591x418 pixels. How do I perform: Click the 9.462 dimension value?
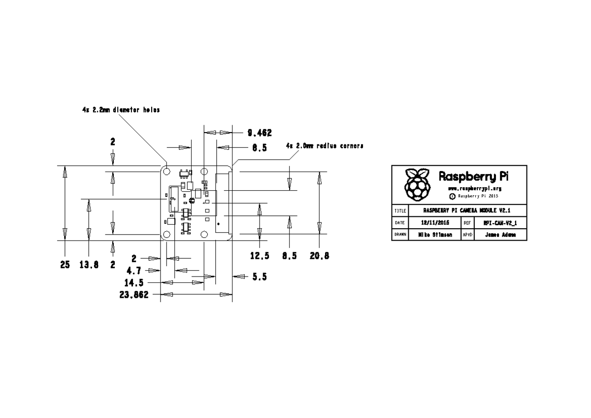[260, 133]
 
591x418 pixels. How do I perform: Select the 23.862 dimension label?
[134, 295]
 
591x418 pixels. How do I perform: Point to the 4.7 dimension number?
[134, 270]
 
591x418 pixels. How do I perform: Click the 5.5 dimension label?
[260, 277]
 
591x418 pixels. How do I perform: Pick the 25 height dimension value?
[65, 265]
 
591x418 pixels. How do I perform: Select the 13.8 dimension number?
[89, 265]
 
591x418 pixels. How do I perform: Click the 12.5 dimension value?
[260, 256]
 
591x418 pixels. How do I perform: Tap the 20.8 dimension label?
[320, 256]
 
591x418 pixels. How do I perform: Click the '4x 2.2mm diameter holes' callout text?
[121, 110]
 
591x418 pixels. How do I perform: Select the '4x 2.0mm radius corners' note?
[325, 146]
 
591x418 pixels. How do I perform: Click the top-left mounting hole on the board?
[166, 172]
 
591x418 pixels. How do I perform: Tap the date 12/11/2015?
[435, 223]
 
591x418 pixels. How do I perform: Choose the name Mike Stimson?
[435, 235]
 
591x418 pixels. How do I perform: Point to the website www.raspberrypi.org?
[475, 189]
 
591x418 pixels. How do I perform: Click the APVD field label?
[467, 235]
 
